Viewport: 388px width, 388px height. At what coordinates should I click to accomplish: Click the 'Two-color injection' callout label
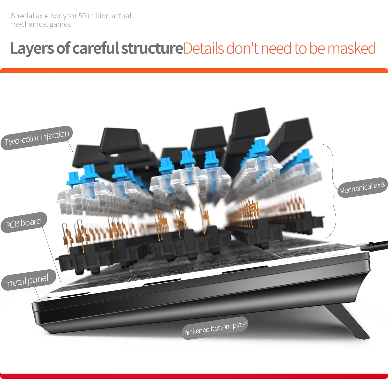pyautogui.click(x=37, y=138)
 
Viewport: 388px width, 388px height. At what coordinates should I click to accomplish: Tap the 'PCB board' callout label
pyautogui.click(x=24, y=223)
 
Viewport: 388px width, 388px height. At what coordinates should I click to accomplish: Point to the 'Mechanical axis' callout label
pyautogui.click(x=362, y=188)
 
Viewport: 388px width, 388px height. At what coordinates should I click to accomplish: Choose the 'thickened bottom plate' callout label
pyautogui.click(x=214, y=328)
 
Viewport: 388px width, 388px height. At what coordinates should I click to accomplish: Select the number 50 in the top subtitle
pyautogui.click(x=82, y=16)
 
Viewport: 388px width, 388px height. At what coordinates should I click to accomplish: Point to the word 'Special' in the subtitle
pyautogui.click(x=22, y=16)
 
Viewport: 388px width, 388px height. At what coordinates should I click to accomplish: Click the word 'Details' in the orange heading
pyautogui.click(x=204, y=48)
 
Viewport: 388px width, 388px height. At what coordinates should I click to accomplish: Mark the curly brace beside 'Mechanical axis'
pyautogui.click(x=333, y=190)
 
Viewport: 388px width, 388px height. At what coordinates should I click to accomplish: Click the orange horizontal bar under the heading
pyautogui.click(x=194, y=71)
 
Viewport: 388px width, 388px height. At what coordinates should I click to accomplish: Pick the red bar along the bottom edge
pyautogui.click(x=194, y=376)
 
